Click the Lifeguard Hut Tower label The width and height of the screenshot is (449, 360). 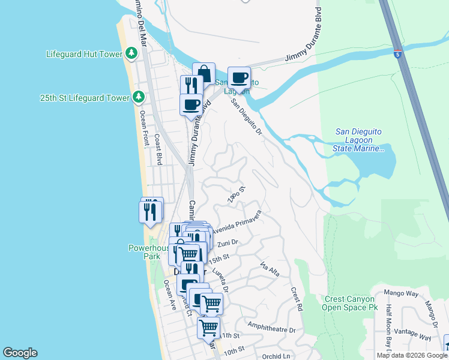coord(84,54)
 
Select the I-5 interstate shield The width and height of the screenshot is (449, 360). coord(397,54)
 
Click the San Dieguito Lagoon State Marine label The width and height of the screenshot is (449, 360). coord(359,140)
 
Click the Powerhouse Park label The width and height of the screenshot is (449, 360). coord(145,251)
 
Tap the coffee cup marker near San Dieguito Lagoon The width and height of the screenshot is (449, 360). coord(239,78)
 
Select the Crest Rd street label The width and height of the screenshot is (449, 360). coord(297,299)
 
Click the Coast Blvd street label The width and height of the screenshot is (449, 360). coord(159,149)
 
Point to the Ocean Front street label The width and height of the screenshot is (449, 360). coord(143,128)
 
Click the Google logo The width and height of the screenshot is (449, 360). coord(20,353)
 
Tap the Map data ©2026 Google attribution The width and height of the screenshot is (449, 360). coord(412,355)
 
